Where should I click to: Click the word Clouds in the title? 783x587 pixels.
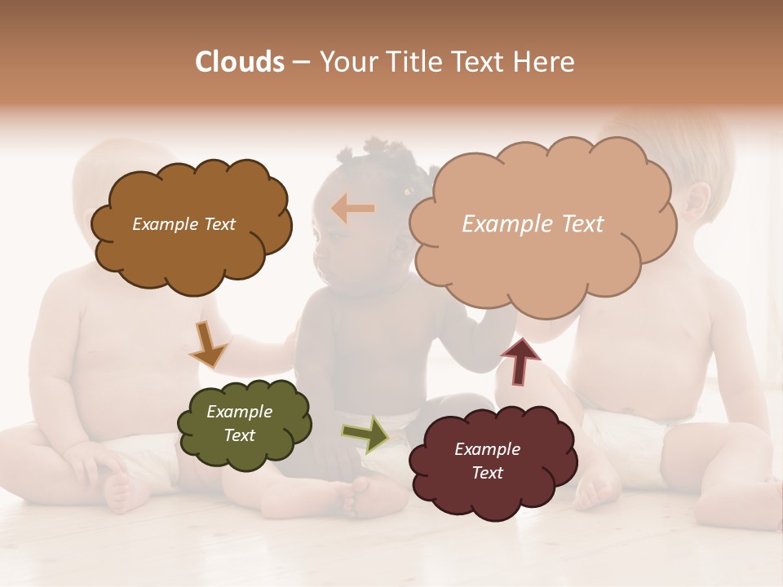click(x=239, y=62)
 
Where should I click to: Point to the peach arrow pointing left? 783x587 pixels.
click(x=353, y=209)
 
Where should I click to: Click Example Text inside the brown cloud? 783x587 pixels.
click(x=184, y=224)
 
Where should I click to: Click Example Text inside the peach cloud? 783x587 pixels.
click(x=533, y=224)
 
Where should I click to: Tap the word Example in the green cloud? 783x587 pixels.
click(x=239, y=412)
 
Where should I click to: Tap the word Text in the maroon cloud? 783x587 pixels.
click(x=487, y=473)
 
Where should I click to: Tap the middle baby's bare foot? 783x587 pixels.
click(x=359, y=497)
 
